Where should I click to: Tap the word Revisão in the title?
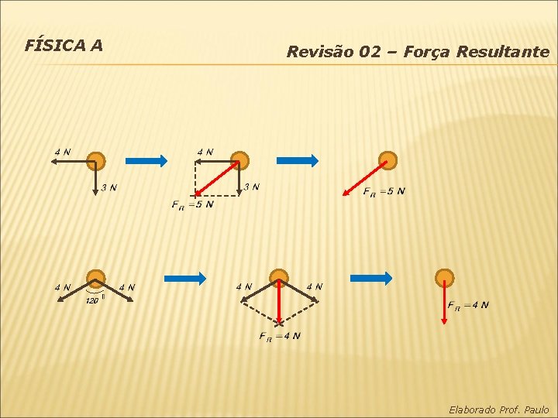tap(315, 53)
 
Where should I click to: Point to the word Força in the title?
tap(424, 53)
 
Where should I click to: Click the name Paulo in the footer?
tap(536, 409)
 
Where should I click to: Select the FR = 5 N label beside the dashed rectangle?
tap(192, 205)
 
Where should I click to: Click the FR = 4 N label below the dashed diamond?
tap(280, 336)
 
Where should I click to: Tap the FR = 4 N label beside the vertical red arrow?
tap(468, 304)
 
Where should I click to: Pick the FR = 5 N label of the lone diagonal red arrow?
tap(384, 191)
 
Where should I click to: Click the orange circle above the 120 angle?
tap(95, 279)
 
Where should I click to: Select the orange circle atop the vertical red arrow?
tap(444, 278)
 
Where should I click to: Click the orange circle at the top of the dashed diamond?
tap(279, 278)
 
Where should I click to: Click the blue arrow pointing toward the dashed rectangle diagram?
tap(146, 161)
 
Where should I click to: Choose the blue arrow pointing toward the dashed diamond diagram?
tap(184, 278)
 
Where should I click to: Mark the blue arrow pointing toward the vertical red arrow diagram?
tap(371, 278)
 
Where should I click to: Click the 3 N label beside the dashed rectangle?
tap(252, 187)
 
